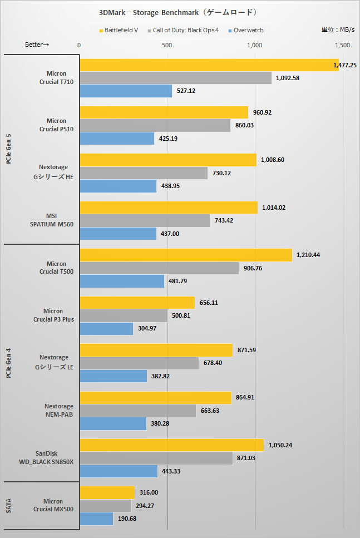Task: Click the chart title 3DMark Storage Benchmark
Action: click(x=180, y=11)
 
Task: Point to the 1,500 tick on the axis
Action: click(x=342, y=45)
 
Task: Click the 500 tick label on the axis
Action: click(x=167, y=45)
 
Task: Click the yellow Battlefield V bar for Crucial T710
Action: click(x=209, y=66)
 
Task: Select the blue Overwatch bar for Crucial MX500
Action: click(x=96, y=519)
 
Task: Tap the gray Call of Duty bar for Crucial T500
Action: click(x=159, y=268)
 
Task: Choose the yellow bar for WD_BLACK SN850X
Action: click(x=172, y=445)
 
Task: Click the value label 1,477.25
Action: click(x=345, y=66)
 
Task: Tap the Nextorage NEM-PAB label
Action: click(x=56, y=410)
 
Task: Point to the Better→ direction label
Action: click(x=37, y=45)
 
